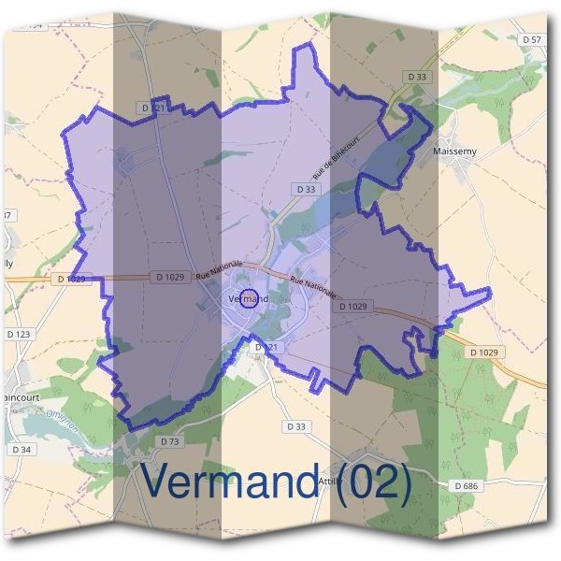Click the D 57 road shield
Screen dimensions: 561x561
pyautogui.click(x=532, y=39)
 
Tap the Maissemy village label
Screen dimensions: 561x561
pyautogui.click(x=456, y=149)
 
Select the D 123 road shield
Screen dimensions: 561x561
pyautogui.click(x=19, y=334)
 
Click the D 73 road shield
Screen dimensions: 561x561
pyautogui.click(x=169, y=440)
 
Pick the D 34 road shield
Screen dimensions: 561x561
pyautogui.click(x=22, y=450)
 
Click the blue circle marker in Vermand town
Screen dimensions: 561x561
pyautogui.click(x=250, y=299)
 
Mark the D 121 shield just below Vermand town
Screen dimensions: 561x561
pyautogui.click(x=267, y=347)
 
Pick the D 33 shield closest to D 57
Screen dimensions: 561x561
pyautogui.click(x=417, y=76)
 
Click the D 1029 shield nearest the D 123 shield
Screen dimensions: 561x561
pyautogui.click(x=73, y=279)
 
